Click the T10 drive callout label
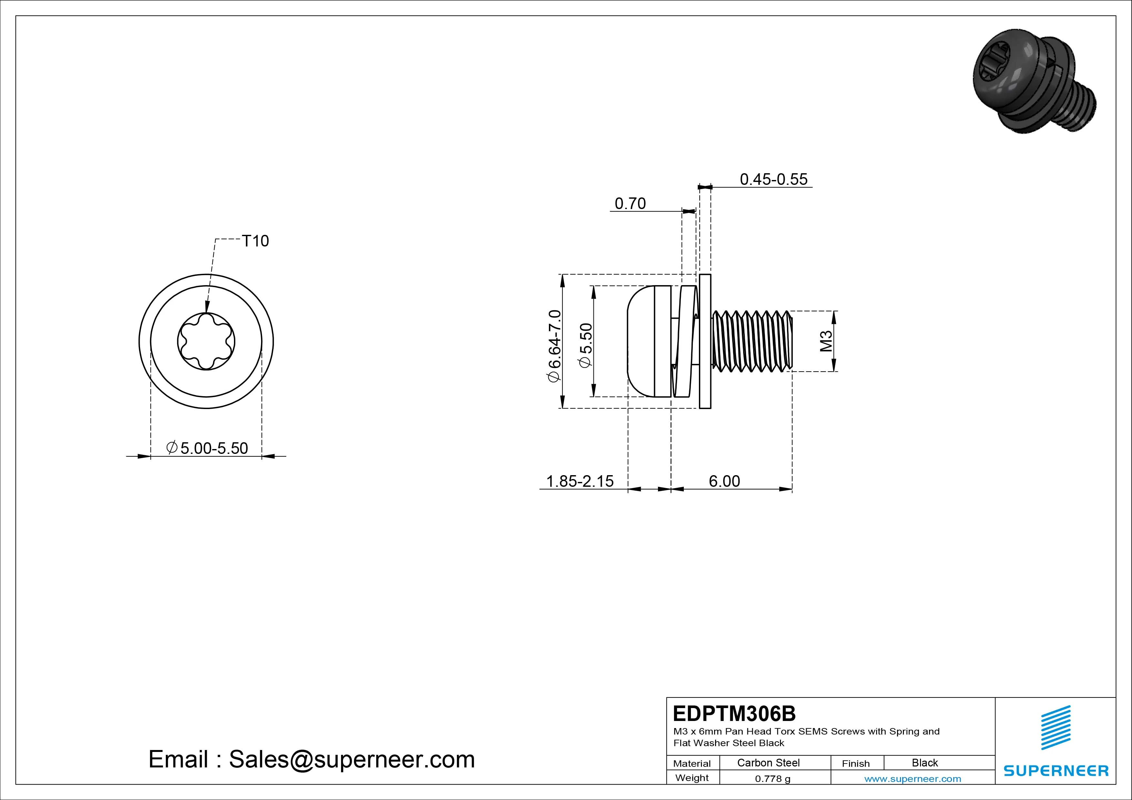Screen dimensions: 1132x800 click(x=255, y=241)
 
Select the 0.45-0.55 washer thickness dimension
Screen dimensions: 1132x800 click(x=773, y=179)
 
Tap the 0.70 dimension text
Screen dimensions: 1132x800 click(x=630, y=204)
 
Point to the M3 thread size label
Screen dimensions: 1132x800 click(x=826, y=341)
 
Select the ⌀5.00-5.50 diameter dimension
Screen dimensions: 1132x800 click(x=207, y=448)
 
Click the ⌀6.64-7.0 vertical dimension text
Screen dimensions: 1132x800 click(x=554, y=345)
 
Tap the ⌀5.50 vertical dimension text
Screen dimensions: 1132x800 click(x=585, y=345)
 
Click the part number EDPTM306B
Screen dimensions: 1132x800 click(x=734, y=713)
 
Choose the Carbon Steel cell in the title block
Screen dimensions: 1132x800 click(x=768, y=763)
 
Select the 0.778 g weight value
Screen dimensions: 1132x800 click(x=773, y=779)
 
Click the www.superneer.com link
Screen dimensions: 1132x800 click(x=913, y=779)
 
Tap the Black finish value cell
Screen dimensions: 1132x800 click(x=925, y=763)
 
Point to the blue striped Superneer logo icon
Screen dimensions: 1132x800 click(x=1056, y=727)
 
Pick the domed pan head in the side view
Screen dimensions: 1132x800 click(x=649, y=341)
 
